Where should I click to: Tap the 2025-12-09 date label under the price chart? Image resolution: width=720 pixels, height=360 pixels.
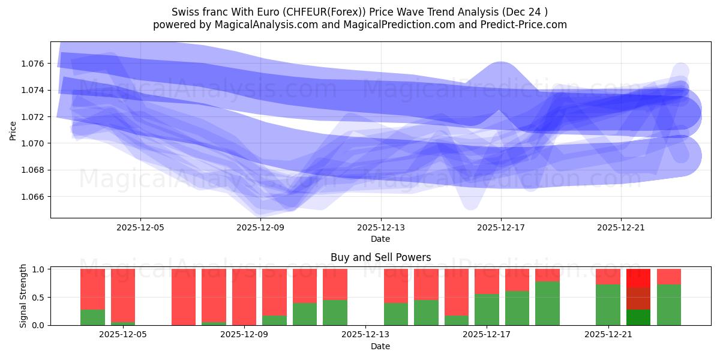point(260,228)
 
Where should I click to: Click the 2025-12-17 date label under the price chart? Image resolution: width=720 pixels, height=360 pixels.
point(501,228)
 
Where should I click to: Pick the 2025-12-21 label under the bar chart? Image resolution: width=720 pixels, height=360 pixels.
point(609,335)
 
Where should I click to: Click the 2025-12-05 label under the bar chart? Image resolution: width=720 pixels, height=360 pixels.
point(123,335)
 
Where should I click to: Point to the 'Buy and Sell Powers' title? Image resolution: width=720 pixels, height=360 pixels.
point(380,257)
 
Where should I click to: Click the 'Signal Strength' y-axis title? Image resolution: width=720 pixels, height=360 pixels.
point(23,295)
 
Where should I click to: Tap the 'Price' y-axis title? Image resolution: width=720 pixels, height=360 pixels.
point(13,130)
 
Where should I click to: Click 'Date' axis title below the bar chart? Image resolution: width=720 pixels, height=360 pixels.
point(380,346)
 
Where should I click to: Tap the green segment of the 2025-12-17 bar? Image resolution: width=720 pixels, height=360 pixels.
point(487,310)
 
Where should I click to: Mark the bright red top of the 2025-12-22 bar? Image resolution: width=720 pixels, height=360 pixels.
point(638,278)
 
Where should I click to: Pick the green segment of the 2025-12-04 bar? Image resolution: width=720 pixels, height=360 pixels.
point(92,317)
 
